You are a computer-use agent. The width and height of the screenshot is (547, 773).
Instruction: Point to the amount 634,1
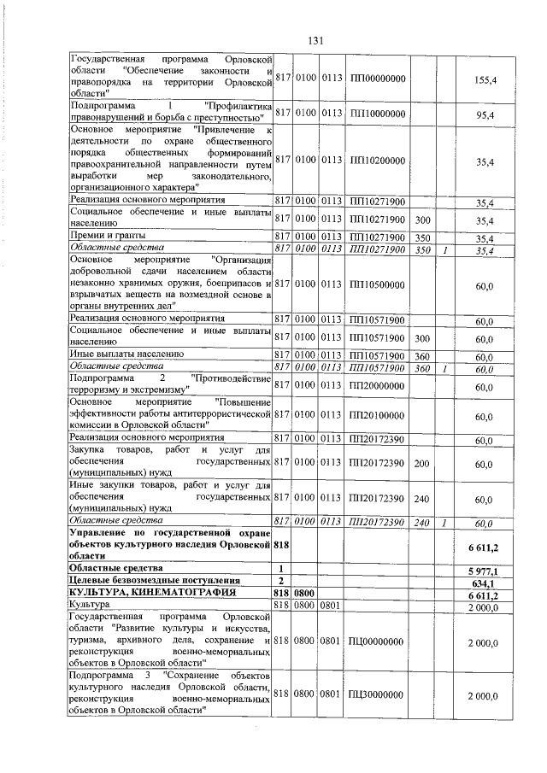[x=485, y=582]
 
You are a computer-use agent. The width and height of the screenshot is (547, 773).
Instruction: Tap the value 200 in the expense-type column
[x=421, y=464]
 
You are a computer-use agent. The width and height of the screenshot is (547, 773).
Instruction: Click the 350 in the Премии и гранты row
[x=421, y=237]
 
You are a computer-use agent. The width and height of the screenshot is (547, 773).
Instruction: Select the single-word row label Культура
[x=92, y=606]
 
